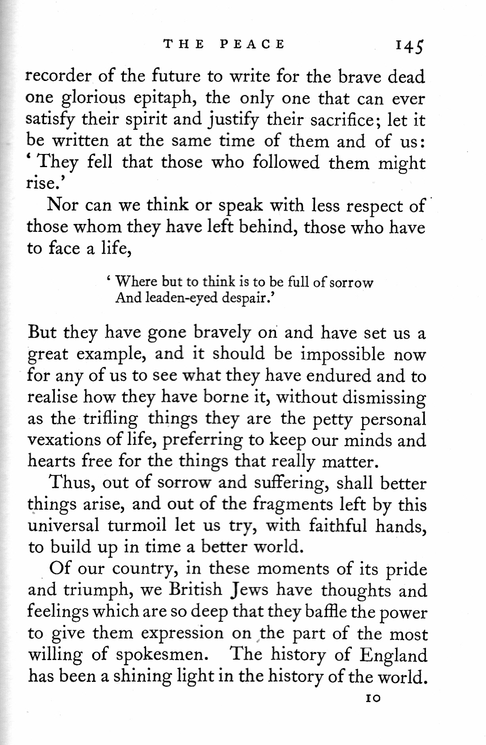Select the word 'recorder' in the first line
click(58, 76)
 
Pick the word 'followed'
click(286, 162)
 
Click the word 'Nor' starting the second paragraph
click(60, 205)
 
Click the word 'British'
click(195, 589)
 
